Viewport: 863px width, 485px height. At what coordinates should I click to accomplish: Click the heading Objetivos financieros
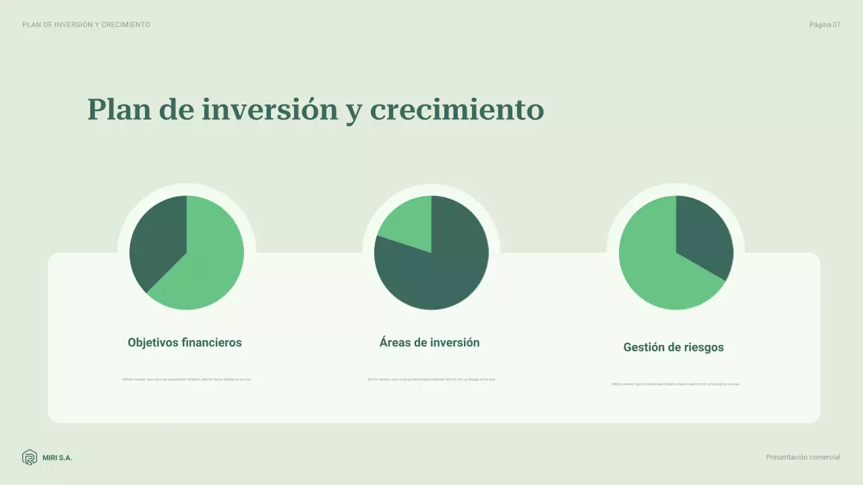(x=185, y=342)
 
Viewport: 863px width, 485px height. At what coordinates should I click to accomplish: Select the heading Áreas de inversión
(x=429, y=342)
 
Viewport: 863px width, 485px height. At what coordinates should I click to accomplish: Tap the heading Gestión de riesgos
(x=674, y=348)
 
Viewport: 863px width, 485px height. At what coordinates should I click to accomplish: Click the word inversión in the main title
(x=270, y=109)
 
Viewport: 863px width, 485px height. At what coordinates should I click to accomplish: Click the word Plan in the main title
(x=119, y=109)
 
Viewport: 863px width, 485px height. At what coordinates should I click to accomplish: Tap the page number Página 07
(x=825, y=25)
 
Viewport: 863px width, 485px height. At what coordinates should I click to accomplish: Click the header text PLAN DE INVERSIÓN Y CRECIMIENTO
(x=86, y=25)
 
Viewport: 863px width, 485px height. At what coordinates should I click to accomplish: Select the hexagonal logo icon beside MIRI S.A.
(x=30, y=457)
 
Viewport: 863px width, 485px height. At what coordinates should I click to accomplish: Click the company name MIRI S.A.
(x=57, y=458)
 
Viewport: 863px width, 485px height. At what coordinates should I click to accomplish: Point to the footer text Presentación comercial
(x=803, y=457)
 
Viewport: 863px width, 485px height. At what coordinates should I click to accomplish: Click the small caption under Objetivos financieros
(x=186, y=379)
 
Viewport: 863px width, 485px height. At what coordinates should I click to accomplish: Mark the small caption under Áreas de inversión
(x=431, y=379)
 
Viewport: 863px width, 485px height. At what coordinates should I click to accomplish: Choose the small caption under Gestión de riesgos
(x=675, y=384)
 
